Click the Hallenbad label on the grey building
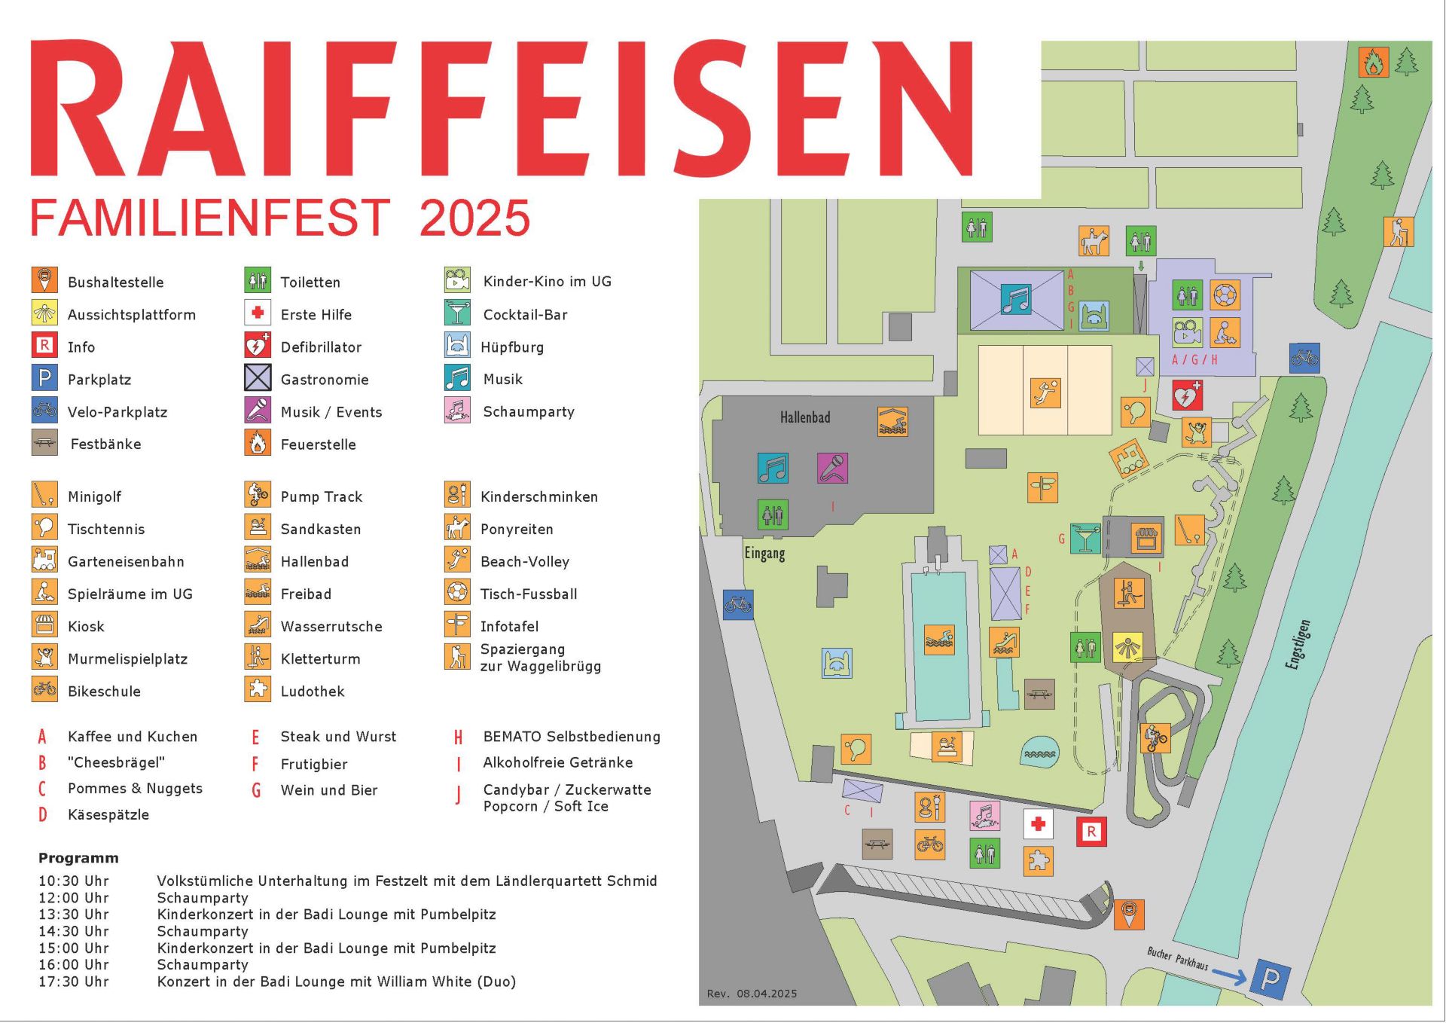click(x=804, y=417)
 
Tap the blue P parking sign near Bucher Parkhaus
click(x=1270, y=979)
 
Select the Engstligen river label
click(x=1298, y=645)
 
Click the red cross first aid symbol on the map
click(x=1039, y=824)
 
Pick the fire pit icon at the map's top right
click(x=1373, y=63)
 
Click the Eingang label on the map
click(x=764, y=553)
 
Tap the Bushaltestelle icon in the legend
click(x=44, y=281)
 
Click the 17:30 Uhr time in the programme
click(x=74, y=982)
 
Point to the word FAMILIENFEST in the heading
click(x=210, y=218)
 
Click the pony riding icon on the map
click(x=1094, y=241)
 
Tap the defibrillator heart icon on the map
click(x=1187, y=395)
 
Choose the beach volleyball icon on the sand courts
click(x=1045, y=393)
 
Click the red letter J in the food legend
click(x=458, y=795)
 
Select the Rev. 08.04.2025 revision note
click(x=752, y=994)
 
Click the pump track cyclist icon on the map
click(x=1155, y=738)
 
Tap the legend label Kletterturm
click(x=320, y=659)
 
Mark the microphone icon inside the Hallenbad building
click(x=832, y=469)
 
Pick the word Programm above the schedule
click(x=78, y=858)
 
